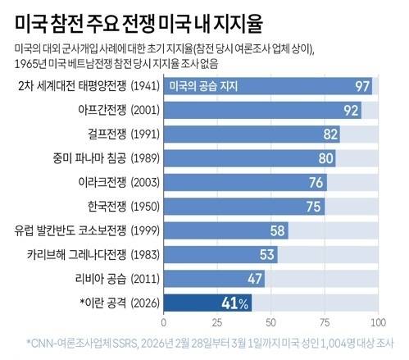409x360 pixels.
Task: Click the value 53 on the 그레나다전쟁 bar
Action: [268, 254]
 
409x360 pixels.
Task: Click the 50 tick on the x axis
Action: [271, 321]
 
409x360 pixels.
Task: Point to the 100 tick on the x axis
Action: [376, 321]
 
